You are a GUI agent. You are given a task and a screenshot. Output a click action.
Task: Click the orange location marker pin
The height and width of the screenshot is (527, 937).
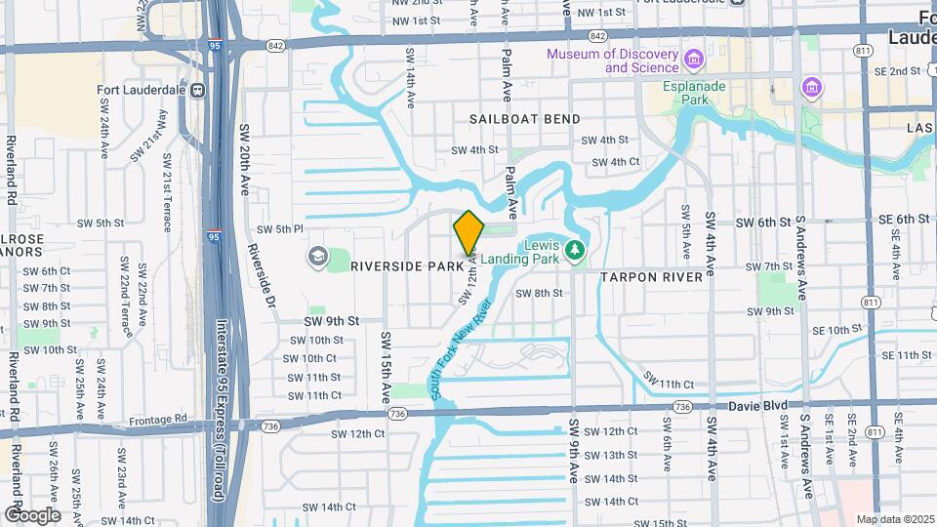(x=469, y=232)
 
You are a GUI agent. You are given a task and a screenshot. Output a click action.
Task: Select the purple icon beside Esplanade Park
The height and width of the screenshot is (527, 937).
(x=811, y=90)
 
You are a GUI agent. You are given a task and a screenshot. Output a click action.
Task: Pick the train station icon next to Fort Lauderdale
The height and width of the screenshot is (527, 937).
(x=198, y=91)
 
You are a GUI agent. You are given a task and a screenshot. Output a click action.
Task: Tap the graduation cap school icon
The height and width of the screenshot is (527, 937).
(x=317, y=257)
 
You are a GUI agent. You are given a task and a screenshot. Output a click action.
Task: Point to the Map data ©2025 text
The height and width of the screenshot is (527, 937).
(x=895, y=519)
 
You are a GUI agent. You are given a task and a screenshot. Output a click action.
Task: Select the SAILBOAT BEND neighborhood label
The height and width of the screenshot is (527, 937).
(x=524, y=119)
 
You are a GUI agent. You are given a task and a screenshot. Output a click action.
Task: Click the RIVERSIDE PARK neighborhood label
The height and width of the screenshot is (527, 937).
(x=406, y=265)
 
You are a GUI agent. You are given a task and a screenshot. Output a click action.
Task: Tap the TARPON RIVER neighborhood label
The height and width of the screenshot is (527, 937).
(x=651, y=277)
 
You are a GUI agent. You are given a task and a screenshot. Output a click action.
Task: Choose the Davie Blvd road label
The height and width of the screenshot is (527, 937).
(x=764, y=403)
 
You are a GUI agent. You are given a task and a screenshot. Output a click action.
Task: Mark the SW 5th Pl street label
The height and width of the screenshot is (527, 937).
(x=280, y=229)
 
